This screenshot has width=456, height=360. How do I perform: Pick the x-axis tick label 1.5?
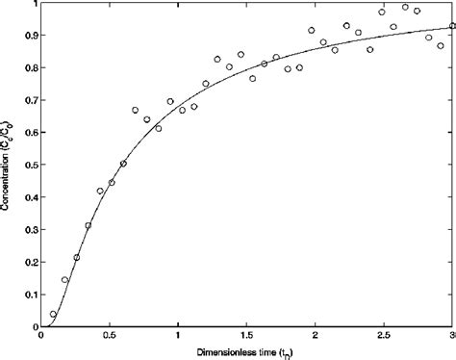246,338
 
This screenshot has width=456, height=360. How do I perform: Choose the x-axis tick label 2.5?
384,338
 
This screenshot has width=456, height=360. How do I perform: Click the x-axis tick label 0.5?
110,338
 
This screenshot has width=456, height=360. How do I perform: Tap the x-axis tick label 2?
316,338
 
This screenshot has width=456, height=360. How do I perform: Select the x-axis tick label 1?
178,338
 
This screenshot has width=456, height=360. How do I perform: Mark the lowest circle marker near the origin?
53,314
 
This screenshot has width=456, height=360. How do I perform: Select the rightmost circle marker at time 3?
451,26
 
